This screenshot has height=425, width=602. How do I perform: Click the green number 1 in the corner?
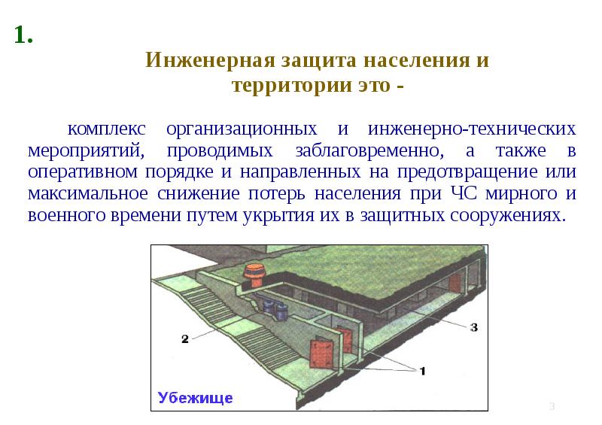[23, 35]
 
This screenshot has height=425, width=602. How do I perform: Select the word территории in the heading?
[292, 85]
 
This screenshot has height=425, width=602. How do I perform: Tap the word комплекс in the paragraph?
[106, 129]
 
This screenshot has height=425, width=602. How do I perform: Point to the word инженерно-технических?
[472, 129]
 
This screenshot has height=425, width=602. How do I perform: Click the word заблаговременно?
[369, 150]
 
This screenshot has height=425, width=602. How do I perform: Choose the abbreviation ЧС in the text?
[464, 193]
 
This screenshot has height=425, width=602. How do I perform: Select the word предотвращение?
[467, 172]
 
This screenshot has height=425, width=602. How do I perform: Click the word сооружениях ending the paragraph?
[506, 215]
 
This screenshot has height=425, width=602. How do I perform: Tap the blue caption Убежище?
[195, 398]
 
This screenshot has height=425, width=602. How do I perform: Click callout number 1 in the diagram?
[422, 371]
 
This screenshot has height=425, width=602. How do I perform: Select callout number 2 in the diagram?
[185, 339]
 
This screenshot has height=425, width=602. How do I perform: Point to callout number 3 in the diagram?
[474, 327]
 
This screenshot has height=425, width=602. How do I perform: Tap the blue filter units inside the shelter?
[274, 308]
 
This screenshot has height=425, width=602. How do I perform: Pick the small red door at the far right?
[455, 283]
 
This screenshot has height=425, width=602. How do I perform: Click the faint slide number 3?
[552, 406]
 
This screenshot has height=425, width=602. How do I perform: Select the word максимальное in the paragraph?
[88, 193]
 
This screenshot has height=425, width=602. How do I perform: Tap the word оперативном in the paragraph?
[83, 172]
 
